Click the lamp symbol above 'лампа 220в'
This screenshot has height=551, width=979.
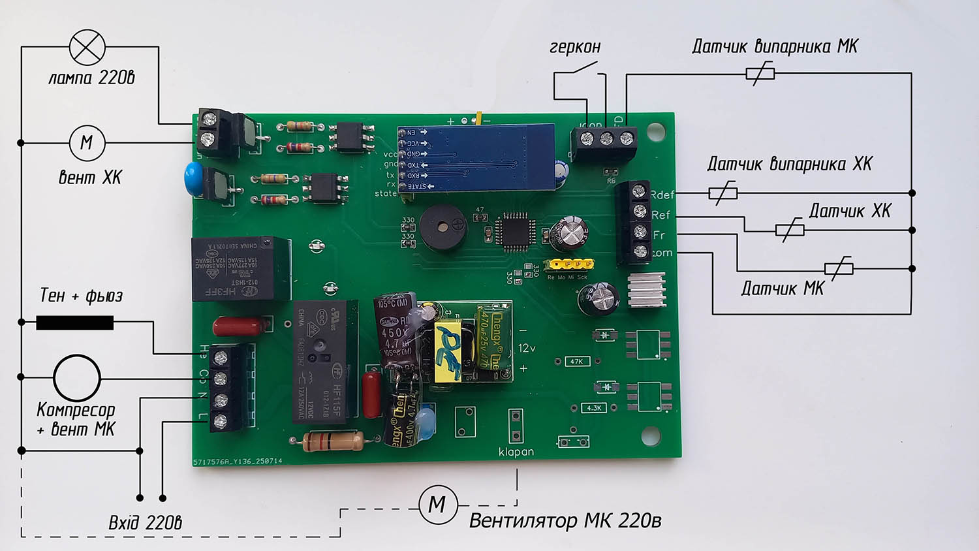click(87, 47)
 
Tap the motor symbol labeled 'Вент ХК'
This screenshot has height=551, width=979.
click(87, 142)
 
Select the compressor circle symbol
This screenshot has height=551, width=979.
click(77, 377)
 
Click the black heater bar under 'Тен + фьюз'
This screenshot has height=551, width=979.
click(74, 323)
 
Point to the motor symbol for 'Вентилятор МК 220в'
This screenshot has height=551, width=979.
click(438, 505)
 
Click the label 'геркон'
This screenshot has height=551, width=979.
click(574, 48)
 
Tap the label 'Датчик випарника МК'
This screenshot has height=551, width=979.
click(775, 46)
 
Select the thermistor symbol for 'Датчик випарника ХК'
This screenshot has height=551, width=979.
click(723, 193)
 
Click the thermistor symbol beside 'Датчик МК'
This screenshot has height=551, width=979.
click(839, 268)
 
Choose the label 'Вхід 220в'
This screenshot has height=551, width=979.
click(145, 523)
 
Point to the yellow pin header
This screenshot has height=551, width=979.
click(571, 265)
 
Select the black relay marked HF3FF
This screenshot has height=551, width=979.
click(240, 268)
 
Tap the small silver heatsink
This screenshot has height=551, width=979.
click(647, 290)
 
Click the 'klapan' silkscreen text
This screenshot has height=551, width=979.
click(516, 452)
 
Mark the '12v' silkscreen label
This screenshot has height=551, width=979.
click(527, 348)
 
